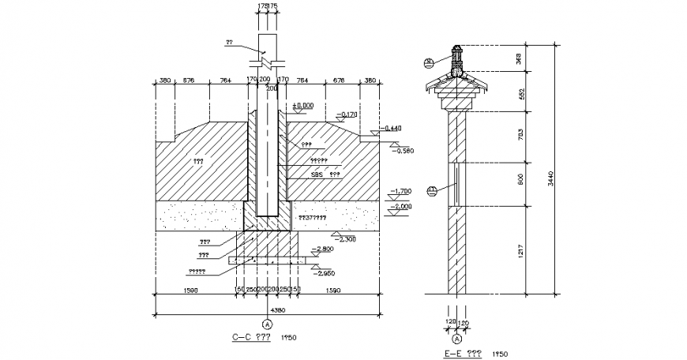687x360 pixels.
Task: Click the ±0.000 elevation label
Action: [303, 105]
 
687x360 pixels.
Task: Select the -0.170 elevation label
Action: [346, 114]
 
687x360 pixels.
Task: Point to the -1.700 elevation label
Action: [401, 191]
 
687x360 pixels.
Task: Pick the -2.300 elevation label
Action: [345, 237]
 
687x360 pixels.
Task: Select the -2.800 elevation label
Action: [324, 249]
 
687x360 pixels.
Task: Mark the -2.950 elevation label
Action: [324, 273]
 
